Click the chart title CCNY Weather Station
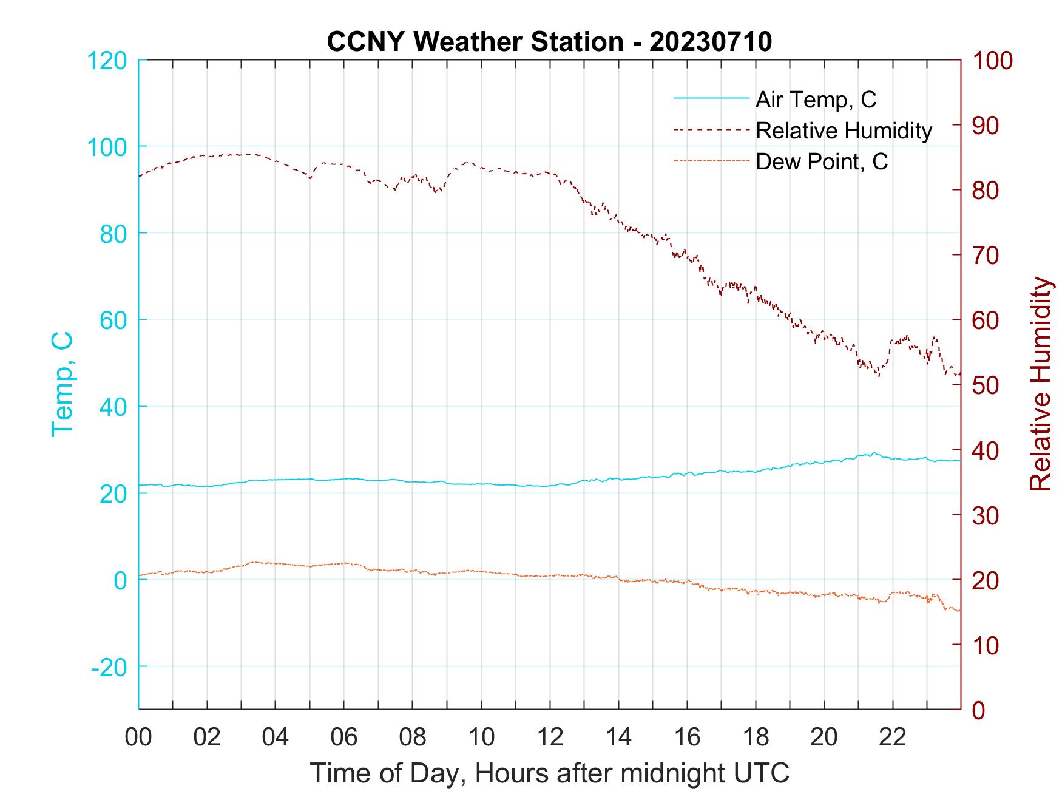[549, 42]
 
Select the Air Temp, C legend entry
[816, 100]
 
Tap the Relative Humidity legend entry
[844, 131]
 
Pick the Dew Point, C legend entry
[822, 162]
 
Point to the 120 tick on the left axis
[107, 61]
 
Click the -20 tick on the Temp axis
[109, 667]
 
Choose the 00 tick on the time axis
[138, 738]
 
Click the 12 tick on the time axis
[550, 738]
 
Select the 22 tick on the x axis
[893, 738]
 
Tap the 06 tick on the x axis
[344, 738]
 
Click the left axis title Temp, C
[62, 384]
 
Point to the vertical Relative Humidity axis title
[1040, 384]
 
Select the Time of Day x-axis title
[549, 773]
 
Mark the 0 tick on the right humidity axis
[979, 710]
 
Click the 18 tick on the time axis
[756, 738]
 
